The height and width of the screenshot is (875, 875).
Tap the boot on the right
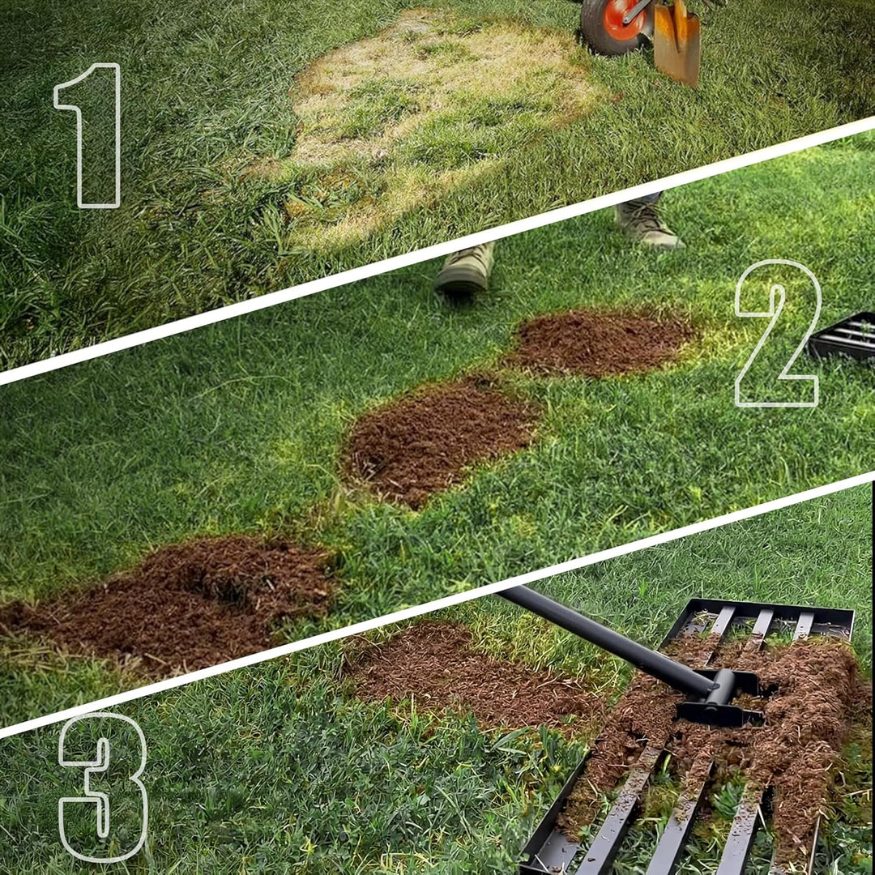pyautogui.click(x=647, y=221)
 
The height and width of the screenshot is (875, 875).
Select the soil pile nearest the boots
pyautogui.click(x=600, y=342)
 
